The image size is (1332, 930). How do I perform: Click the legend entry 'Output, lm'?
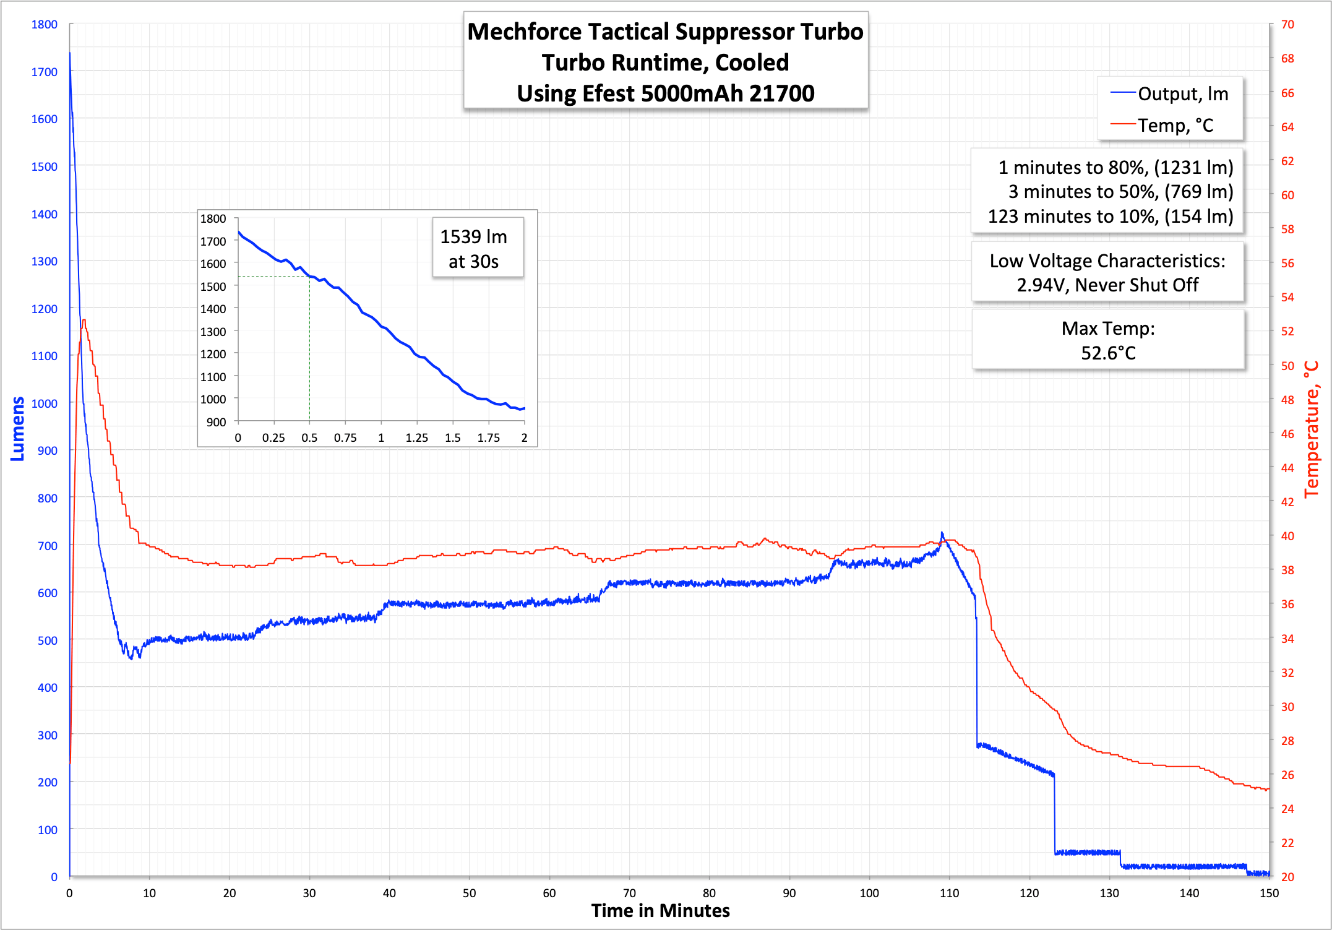click(x=1182, y=94)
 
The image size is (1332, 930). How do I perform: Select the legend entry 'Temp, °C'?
click(x=1175, y=126)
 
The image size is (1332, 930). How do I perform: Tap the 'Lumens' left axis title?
click(x=17, y=429)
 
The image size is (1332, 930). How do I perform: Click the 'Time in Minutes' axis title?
click(x=660, y=911)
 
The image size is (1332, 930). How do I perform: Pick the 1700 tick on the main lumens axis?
click(x=44, y=72)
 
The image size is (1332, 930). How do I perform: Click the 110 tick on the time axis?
click(x=949, y=893)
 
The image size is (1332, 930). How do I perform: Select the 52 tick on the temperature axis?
click(x=1287, y=332)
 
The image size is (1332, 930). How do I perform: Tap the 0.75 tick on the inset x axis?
click(x=345, y=438)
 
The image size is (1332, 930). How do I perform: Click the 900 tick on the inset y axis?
click(x=216, y=422)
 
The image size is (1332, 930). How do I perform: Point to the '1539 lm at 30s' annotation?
click(x=474, y=249)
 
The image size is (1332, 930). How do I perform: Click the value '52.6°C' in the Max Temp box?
click(x=1108, y=353)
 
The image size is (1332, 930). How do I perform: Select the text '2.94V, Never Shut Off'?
click(x=1107, y=285)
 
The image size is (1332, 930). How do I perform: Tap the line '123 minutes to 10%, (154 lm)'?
click(x=1110, y=217)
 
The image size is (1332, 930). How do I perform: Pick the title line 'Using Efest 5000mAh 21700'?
click(x=665, y=93)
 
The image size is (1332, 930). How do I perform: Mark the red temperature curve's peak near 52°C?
click(x=84, y=321)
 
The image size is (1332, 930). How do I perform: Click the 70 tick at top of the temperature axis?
click(x=1287, y=25)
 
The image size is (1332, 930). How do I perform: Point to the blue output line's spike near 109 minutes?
click(x=942, y=533)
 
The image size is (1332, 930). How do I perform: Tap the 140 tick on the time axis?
click(x=1189, y=893)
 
